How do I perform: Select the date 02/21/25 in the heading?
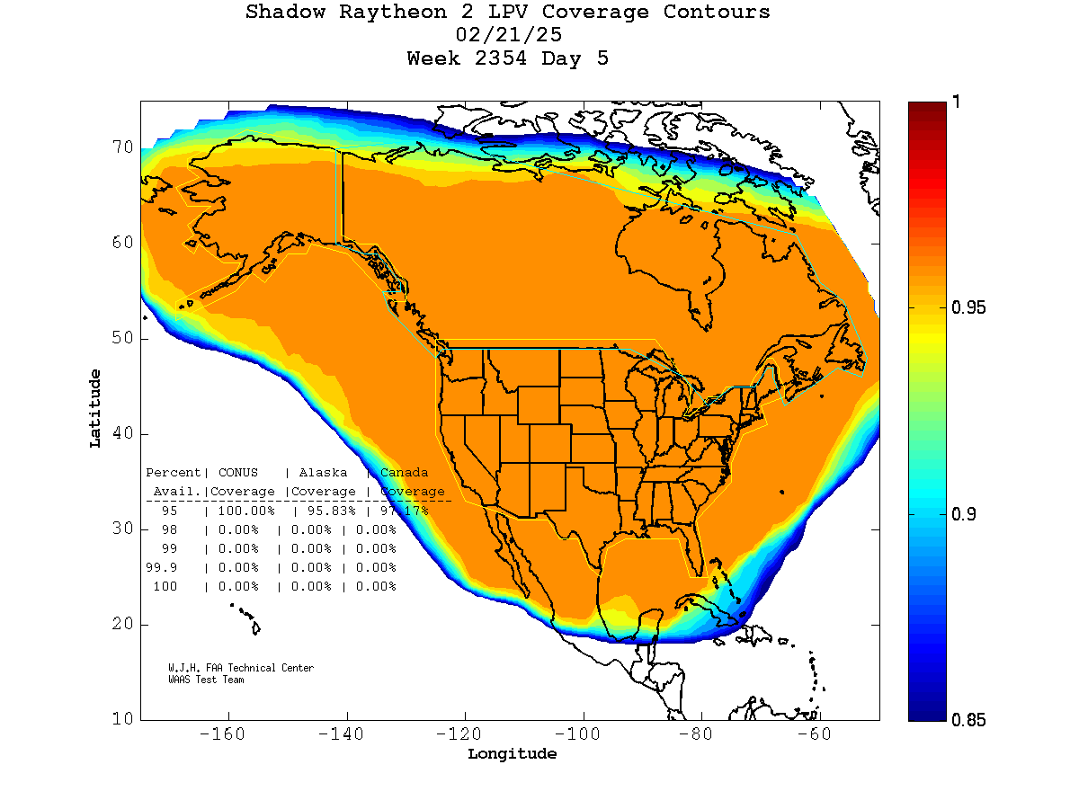[509, 36]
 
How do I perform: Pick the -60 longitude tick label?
[818, 734]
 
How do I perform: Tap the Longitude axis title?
[512, 754]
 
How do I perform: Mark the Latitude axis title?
[95, 408]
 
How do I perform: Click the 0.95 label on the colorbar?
[968, 308]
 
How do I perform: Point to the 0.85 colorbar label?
[968, 719]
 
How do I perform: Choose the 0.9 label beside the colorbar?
[964, 514]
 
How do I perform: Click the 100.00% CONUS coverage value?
[242, 511]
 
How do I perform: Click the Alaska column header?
[323, 473]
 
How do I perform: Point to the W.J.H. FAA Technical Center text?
[241, 668]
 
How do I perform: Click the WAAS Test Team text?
[206, 680]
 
